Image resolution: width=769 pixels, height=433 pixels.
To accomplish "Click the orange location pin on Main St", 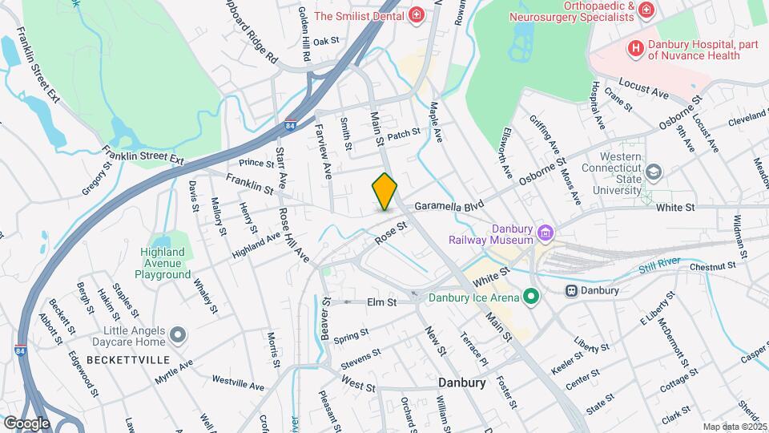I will (384, 192).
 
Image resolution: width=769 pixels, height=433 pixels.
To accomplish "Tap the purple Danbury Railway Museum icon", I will (546, 233).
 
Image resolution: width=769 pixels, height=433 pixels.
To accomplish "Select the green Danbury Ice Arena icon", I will (529, 297).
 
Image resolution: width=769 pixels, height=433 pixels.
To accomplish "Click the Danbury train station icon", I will (572, 290).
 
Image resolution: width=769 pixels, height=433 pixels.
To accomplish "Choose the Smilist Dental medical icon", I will (416, 15).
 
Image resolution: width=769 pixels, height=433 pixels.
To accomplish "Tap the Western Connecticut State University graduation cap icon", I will (654, 172).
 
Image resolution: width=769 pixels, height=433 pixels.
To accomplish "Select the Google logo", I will (26, 423).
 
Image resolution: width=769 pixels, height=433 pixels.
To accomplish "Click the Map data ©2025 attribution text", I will (735, 427).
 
